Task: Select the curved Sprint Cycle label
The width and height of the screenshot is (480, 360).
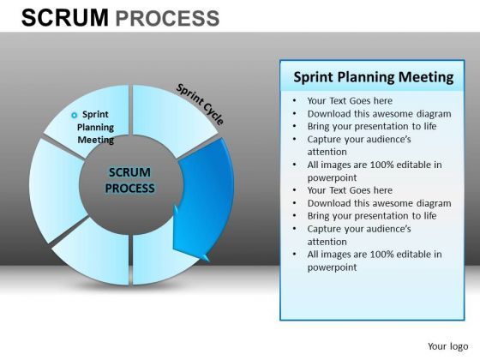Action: tap(200, 104)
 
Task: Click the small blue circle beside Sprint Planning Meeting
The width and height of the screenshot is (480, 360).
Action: tap(74, 115)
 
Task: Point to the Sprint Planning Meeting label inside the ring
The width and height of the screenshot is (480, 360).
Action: tap(96, 127)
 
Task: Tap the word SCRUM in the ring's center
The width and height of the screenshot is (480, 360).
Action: tap(130, 171)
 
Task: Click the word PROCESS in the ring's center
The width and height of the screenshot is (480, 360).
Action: tap(130, 188)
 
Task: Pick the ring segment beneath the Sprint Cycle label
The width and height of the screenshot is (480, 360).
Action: tap(167, 116)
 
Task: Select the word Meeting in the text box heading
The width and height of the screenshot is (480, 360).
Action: tap(426, 77)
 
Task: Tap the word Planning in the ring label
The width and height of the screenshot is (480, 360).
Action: tap(96, 127)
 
